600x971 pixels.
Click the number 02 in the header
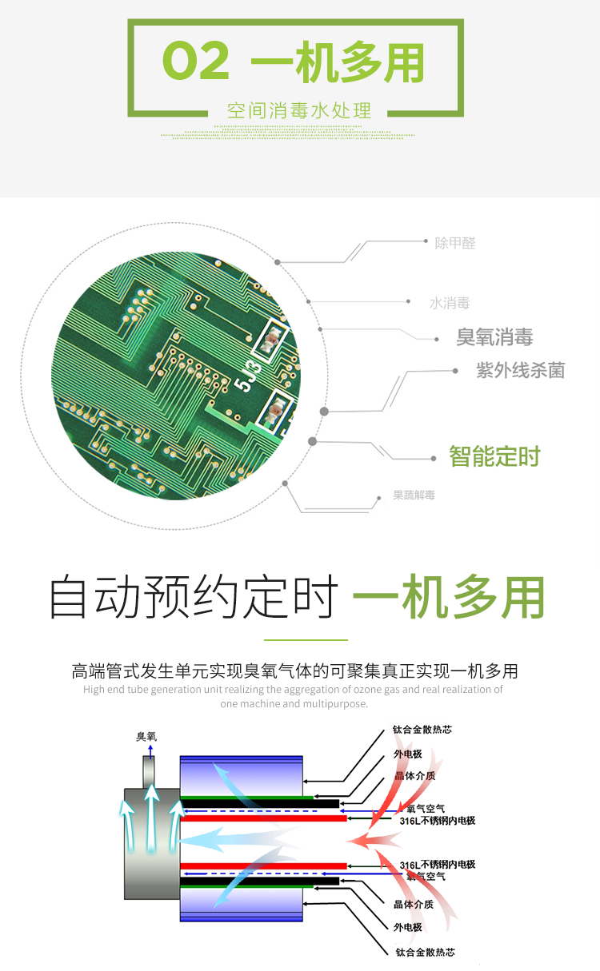click(195, 60)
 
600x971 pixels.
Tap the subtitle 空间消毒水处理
click(299, 110)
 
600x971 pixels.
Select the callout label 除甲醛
click(455, 243)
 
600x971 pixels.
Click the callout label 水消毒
click(450, 303)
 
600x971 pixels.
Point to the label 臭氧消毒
click(494, 336)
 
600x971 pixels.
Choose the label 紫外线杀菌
click(521, 371)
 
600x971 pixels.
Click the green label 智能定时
click(494, 456)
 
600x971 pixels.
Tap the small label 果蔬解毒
click(414, 495)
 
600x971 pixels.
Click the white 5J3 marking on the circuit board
click(248, 376)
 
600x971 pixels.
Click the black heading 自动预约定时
click(194, 596)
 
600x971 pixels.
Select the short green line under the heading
click(306, 639)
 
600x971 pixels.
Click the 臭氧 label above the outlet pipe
click(146, 737)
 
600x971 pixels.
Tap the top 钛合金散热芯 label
click(422, 730)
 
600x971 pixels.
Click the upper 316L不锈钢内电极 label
click(438, 821)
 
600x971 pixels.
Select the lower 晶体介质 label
click(414, 904)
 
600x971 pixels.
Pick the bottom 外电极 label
click(408, 927)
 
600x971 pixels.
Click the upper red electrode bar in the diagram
click(264, 818)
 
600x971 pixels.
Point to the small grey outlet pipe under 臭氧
click(149, 772)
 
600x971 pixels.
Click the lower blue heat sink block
click(242, 905)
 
